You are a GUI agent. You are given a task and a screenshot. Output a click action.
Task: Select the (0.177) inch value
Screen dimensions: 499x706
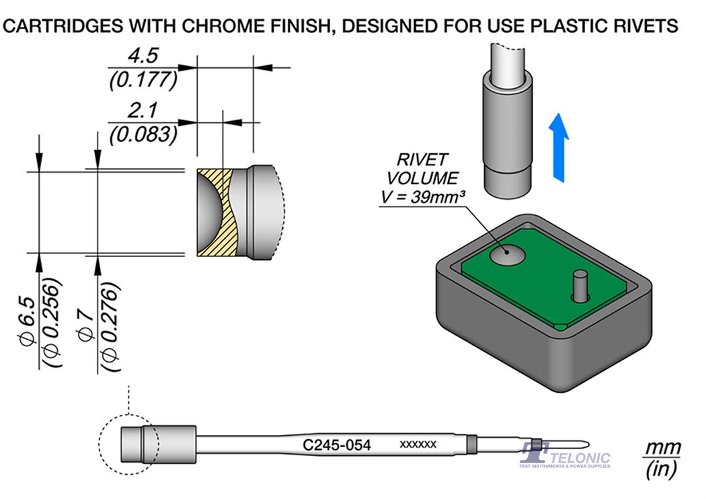coord(143,80)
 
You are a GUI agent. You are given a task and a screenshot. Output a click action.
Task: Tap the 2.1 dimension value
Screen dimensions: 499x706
coord(143,110)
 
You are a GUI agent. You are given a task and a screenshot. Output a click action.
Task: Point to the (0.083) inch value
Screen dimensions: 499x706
coord(143,135)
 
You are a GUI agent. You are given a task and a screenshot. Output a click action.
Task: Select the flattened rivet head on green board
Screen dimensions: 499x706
coord(506,254)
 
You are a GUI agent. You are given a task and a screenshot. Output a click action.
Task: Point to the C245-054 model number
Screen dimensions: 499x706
coord(337,445)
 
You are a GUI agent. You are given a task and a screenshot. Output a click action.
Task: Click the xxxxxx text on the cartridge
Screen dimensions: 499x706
coord(418,445)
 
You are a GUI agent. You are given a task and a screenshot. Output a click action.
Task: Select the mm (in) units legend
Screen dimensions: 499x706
coord(662,459)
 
